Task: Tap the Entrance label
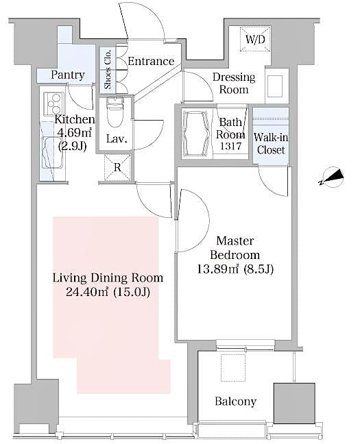click(x=152, y=61)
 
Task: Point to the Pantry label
click(x=68, y=75)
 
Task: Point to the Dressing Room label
click(x=234, y=83)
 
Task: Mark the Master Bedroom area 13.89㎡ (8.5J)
click(x=235, y=269)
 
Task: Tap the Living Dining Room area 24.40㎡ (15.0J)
click(x=108, y=293)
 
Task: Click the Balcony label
click(x=235, y=402)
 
